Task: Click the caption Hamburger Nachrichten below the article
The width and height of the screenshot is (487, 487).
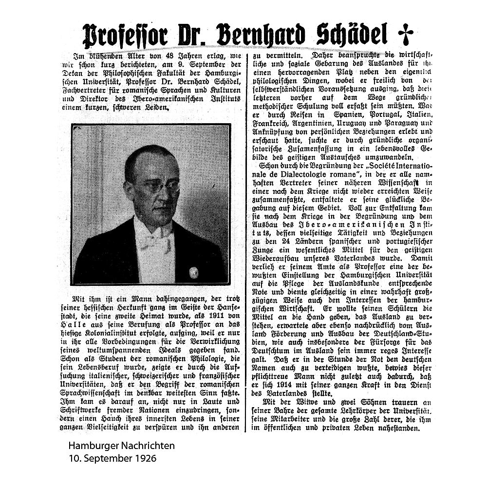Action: point(121,445)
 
